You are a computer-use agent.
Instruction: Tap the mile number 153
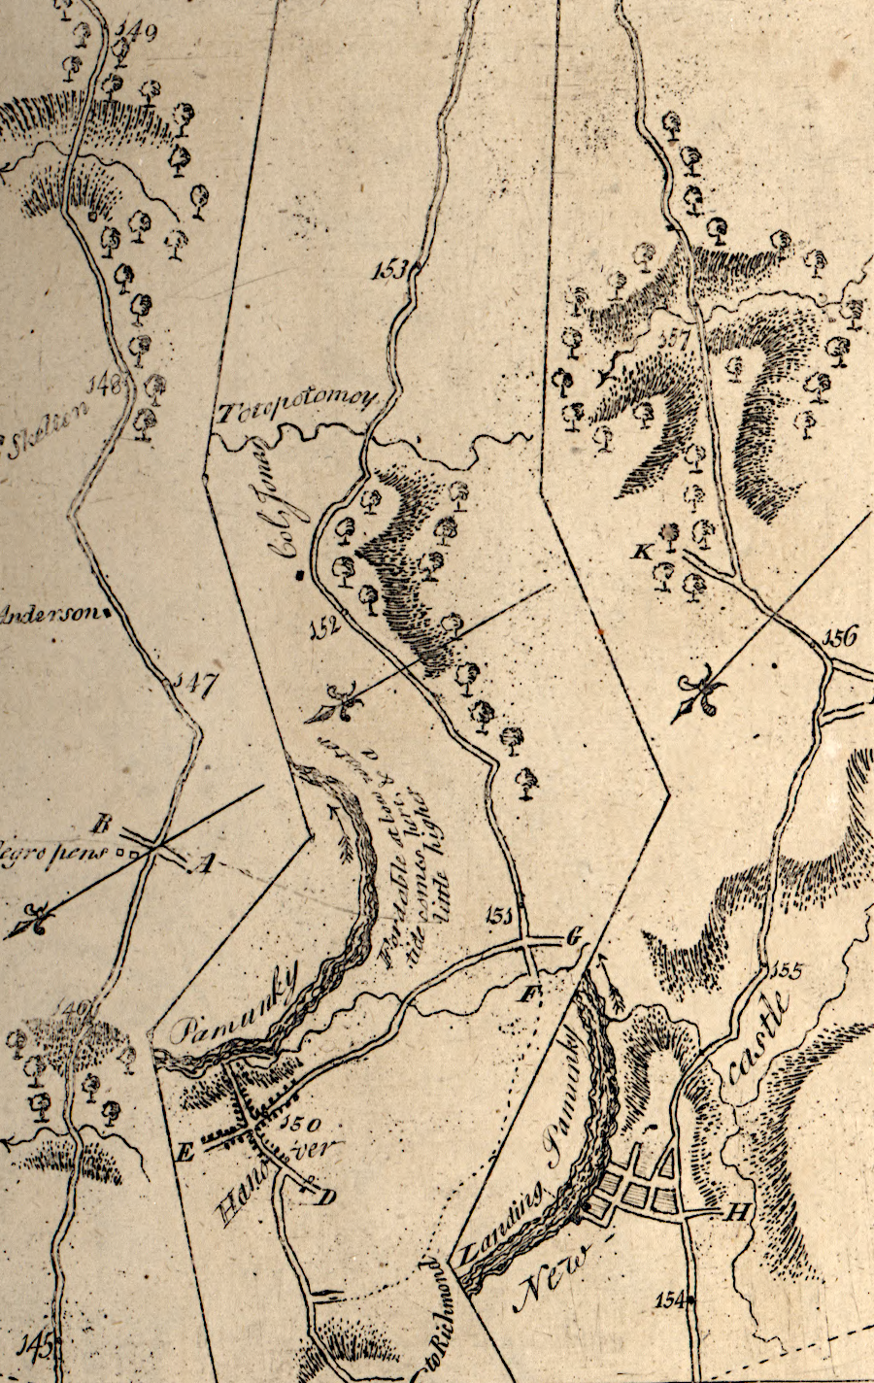[x=389, y=270]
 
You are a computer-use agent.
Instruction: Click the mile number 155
[x=785, y=969]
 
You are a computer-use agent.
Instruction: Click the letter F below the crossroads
[x=530, y=993]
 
